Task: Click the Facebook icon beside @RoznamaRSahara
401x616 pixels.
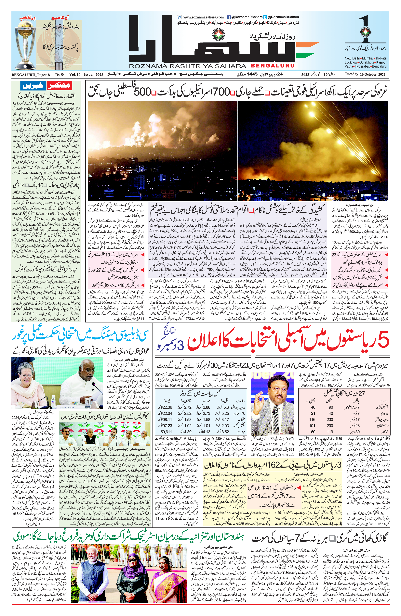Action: click(x=229, y=17)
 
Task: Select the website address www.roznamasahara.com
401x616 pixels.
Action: click(x=203, y=17)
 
